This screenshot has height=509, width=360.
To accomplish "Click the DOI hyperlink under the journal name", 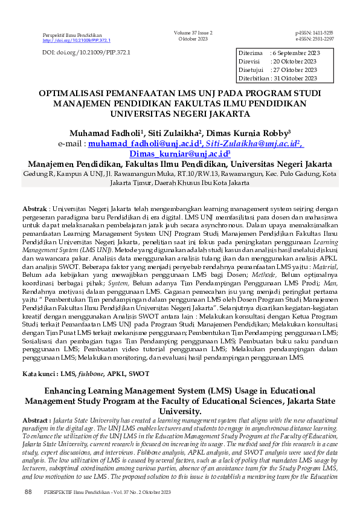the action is click(x=77, y=41).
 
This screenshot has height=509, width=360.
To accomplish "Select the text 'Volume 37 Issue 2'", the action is click(x=193, y=33).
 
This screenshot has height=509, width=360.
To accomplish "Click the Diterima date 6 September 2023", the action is click(x=296, y=53).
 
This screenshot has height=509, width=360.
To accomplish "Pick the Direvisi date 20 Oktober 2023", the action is click(x=294, y=62).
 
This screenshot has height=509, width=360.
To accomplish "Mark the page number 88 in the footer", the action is click(x=28, y=493).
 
